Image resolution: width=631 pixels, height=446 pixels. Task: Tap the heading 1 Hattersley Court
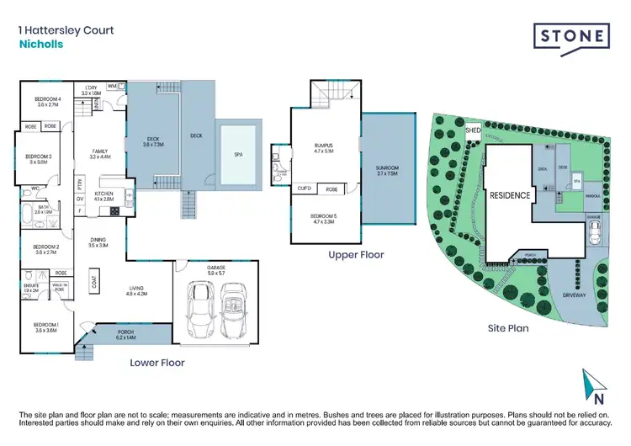tap(66, 30)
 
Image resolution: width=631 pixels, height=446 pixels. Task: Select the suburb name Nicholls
tap(40, 45)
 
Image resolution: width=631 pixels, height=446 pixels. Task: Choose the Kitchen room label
tap(103, 195)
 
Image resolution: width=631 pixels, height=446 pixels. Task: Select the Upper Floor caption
tap(356, 254)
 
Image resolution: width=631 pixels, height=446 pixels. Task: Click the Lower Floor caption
tap(157, 363)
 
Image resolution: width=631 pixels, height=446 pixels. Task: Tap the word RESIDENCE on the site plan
tap(509, 195)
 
